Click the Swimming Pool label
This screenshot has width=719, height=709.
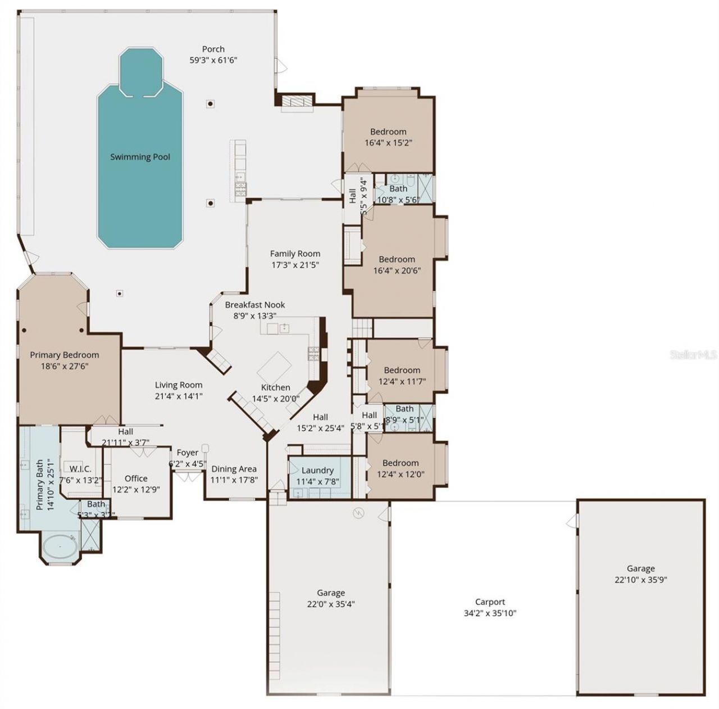(140, 157)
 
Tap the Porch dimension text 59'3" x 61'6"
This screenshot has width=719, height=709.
(213, 60)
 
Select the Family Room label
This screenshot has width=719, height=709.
(295, 254)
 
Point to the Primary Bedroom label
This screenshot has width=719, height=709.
(64, 355)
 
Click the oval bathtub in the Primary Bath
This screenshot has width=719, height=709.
(59, 547)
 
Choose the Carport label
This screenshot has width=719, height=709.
(490, 602)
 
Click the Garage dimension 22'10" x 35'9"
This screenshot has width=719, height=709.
(640, 580)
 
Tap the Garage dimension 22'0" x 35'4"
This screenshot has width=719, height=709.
(330, 604)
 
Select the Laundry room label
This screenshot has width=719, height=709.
(317, 470)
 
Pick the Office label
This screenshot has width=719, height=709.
(136, 478)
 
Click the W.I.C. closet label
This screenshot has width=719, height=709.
(80, 469)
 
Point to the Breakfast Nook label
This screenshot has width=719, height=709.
(255, 305)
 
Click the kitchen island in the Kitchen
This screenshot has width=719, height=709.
(275, 367)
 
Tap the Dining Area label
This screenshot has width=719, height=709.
(234, 469)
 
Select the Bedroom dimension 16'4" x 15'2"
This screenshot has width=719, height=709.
(388, 143)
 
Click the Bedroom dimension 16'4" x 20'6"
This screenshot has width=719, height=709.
(397, 270)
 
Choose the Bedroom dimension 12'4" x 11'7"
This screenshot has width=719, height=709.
(402, 381)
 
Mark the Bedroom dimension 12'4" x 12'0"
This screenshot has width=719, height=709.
(401, 474)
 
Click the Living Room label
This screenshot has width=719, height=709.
(179, 385)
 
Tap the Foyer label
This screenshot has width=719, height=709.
(188, 453)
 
